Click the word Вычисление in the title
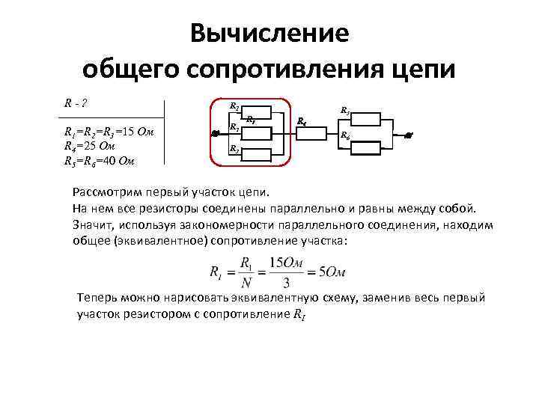[x=269, y=33]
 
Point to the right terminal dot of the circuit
[x=408, y=135]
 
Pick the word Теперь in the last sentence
[x=97, y=298]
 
